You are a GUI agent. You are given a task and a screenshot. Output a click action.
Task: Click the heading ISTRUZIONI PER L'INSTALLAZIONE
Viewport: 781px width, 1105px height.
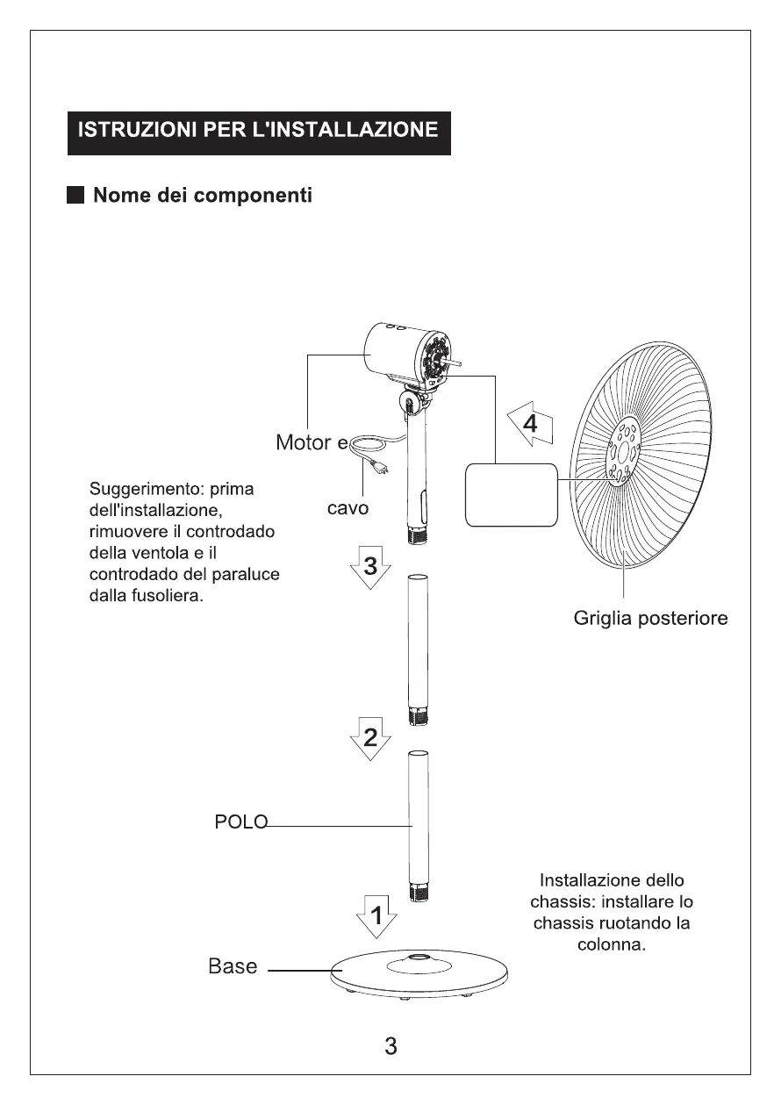pyautogui.click(x=259, y=131)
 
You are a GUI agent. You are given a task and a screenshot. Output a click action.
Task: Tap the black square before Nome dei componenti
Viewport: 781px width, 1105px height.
pyautogui.click(x=77, y=195)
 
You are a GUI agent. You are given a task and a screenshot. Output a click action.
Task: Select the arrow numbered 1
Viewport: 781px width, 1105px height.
pyautogui.click(x=376, y=919)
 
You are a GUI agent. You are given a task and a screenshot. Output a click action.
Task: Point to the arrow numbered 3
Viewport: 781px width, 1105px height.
pyautogui.click(x=370, y=568)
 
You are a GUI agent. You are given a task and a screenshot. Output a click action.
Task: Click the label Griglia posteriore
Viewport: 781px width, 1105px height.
pyautogui.click(x=650, y=619)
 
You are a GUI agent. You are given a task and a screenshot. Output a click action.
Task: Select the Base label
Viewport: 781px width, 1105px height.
pyautogui.click(x=233, y=966)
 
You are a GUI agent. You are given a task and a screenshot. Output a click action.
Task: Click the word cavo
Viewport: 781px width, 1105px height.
pyautogui.click(x=348, y=508)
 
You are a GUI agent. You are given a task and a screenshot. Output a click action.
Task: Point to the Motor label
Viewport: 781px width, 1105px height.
pyautogui.click(x=304, y=442)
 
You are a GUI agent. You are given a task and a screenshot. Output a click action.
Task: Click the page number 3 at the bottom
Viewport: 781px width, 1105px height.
pyautogui.click(x=390, y=1046)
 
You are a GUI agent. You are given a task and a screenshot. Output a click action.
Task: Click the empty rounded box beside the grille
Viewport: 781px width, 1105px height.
pyautogui.click(x=511, y=495)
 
